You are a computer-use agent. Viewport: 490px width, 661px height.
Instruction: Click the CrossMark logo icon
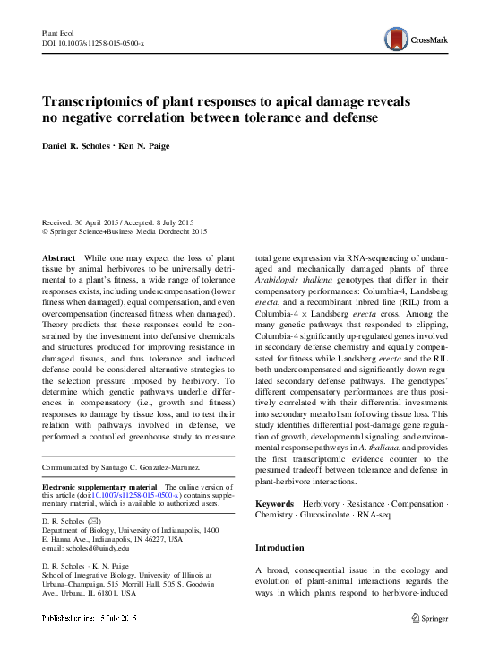point(397,38)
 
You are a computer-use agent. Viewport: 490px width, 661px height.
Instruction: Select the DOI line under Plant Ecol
point(99,43)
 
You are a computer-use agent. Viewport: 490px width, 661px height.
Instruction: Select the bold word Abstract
point(59,257)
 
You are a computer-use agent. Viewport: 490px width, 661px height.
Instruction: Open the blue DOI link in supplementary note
point(133,494)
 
